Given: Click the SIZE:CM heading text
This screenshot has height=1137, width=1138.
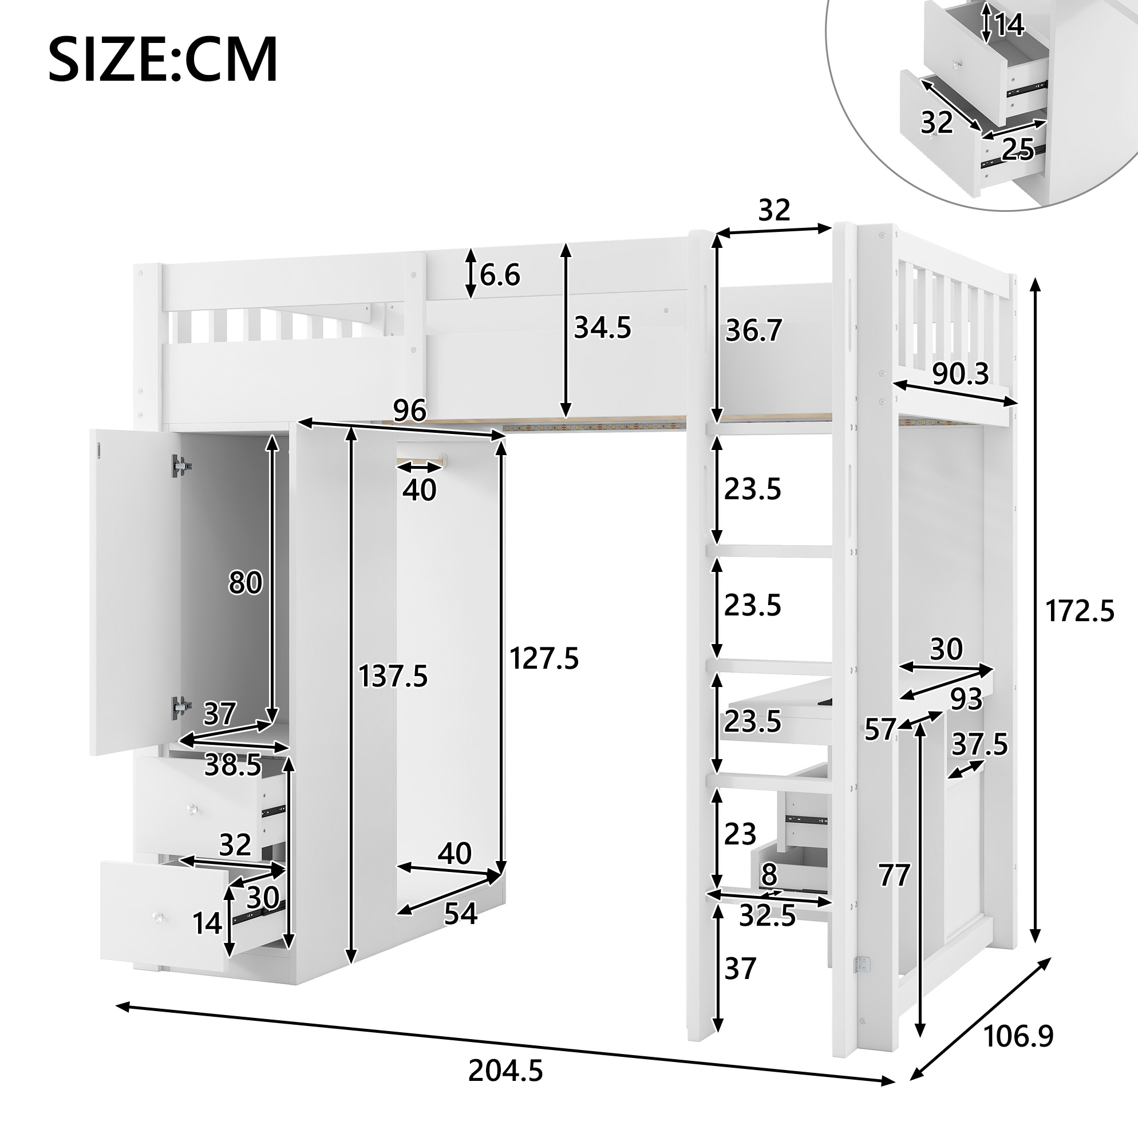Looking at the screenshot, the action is coord(163,60).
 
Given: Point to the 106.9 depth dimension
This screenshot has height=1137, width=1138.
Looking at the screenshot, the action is coord(1018,1036).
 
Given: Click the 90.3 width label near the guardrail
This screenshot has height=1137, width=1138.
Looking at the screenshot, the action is coord(961,373).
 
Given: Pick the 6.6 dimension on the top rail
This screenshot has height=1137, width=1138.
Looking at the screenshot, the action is coord(500,275).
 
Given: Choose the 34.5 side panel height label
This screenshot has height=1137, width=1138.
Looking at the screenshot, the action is coord(603,327).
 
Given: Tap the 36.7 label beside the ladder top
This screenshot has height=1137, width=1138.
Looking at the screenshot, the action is coord(753,330).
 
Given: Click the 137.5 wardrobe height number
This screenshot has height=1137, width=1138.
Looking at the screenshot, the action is coord(393,676).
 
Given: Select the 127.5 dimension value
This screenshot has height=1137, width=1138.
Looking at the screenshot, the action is coord(544,658).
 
